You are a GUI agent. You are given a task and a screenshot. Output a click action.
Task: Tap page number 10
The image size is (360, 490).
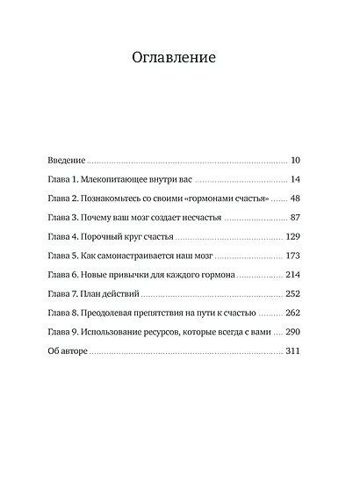295,162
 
